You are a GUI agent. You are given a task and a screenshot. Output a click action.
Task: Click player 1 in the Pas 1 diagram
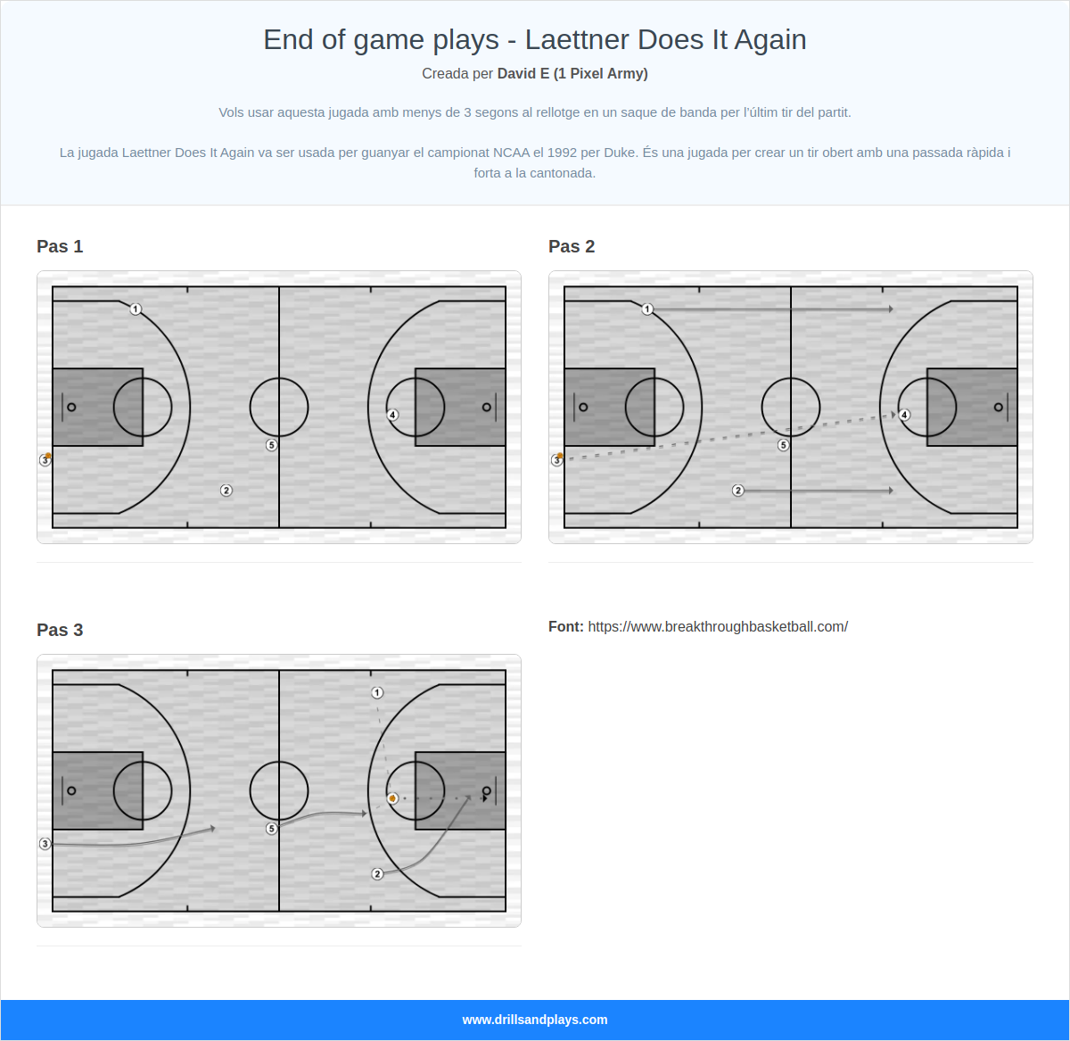coord(136,310)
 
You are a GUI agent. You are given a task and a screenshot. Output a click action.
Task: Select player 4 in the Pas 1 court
coord(392,415)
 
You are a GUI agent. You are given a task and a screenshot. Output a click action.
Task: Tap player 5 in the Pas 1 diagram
coord(272,445)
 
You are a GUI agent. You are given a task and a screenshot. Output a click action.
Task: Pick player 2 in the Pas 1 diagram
coord(226,491)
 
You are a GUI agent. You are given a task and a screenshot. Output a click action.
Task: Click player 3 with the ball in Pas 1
coord(45,460)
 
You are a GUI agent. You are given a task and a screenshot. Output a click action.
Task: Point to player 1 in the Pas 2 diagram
coord(647,310)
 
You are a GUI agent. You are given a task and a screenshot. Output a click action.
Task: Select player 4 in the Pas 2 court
coord(904,415)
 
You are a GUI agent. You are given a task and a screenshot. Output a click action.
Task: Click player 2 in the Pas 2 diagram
coord(738,491)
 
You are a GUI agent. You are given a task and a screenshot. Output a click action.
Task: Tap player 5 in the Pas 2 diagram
coord(784,445)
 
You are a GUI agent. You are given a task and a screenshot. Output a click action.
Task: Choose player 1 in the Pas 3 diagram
coord(377,693)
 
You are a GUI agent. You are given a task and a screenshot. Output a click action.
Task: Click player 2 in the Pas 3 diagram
coord(377,874)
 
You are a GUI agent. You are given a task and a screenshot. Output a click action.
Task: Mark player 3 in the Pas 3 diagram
coord(45,844)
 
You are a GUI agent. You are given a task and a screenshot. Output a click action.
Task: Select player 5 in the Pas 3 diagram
coord(272,829)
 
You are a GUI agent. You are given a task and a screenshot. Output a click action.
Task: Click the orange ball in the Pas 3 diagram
coord(392,798)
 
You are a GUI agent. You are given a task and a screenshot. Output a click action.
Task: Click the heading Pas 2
coord(572,247)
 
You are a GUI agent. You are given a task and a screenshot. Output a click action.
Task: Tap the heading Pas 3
coord(60,631)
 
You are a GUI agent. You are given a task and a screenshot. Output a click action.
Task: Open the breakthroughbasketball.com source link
coord(718,627)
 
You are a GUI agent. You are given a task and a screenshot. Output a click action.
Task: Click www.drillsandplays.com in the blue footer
coord(535,1020)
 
